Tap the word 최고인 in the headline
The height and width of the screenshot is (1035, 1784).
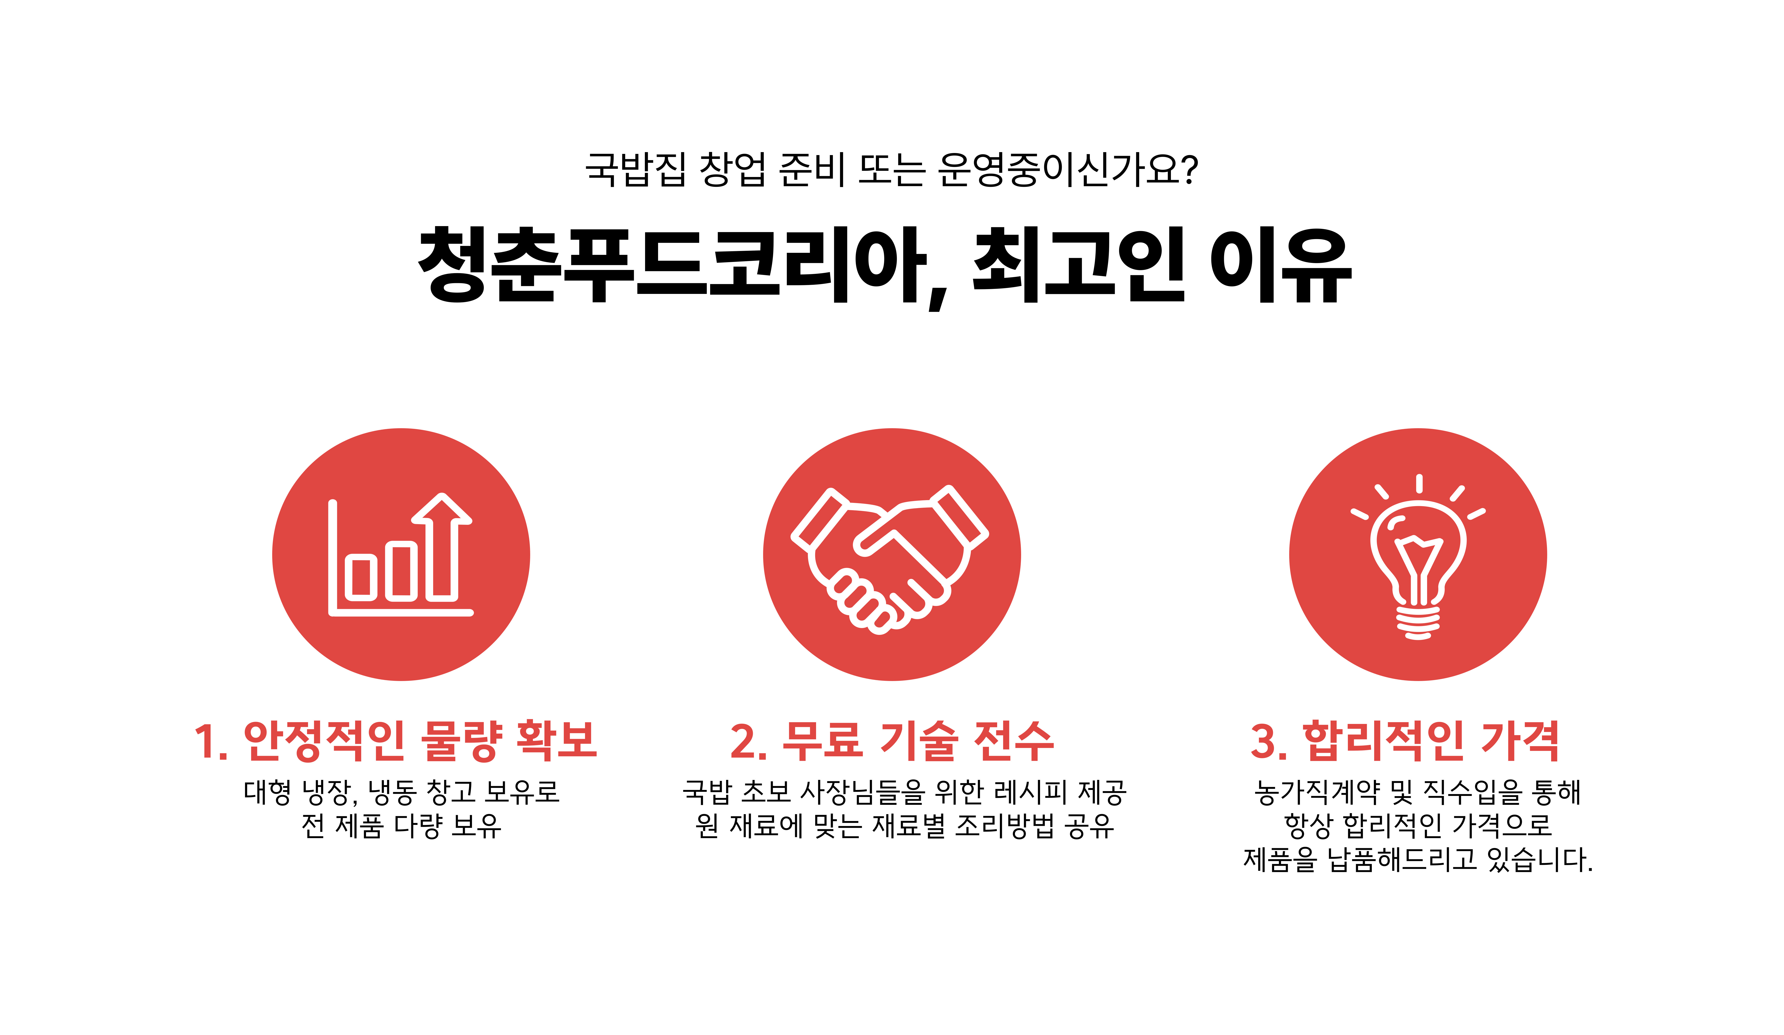[1080, 265]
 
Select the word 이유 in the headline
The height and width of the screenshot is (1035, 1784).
[1281, 265]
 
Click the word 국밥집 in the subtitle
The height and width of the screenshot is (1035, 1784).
[635, 170]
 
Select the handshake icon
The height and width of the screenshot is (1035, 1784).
[890, 559]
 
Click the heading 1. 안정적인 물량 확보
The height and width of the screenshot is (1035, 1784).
[396, 741]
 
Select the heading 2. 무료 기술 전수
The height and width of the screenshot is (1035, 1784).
[892, 741]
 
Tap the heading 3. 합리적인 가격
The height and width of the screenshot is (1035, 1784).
[1405, 741]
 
